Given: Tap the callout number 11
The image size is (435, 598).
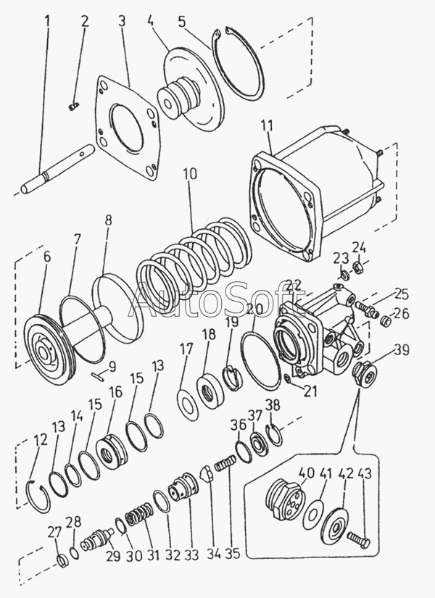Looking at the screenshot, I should click(267, 127).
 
